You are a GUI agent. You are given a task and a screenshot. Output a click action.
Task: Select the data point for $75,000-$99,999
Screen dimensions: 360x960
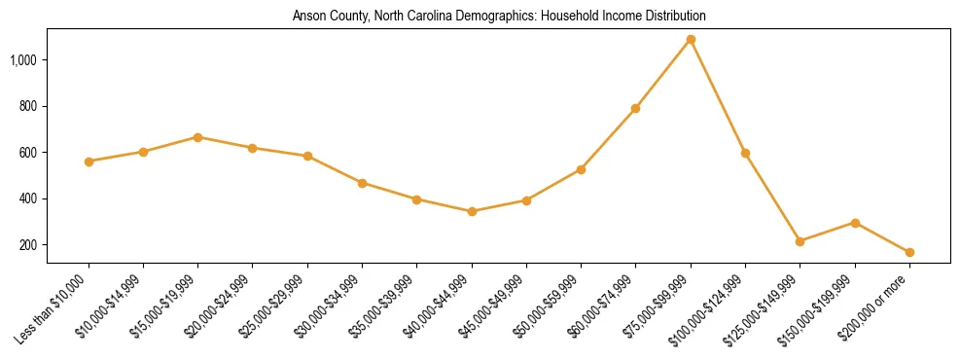point(691,40)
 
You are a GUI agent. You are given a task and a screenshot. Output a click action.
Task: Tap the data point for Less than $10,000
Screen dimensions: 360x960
point(89,162)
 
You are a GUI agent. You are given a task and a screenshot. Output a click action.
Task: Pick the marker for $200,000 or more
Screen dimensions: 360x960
point(909,253)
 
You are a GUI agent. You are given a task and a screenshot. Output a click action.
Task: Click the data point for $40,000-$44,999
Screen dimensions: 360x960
point(472,211)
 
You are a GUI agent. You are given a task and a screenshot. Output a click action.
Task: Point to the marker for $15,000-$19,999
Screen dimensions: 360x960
point(198,137)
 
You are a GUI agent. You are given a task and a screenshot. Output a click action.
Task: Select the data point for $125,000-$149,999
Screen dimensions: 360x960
point(800,241)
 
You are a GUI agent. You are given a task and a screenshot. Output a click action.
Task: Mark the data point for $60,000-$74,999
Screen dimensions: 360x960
point(635,108)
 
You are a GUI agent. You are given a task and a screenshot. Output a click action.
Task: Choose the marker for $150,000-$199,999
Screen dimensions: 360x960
point(855,223)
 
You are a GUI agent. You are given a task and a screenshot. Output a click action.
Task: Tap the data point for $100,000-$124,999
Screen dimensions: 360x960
point(745,153)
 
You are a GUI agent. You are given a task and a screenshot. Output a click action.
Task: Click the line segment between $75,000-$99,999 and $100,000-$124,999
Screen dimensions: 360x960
point(718,96)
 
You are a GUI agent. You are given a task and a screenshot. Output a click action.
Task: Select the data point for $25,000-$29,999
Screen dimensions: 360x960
point(307,156)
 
